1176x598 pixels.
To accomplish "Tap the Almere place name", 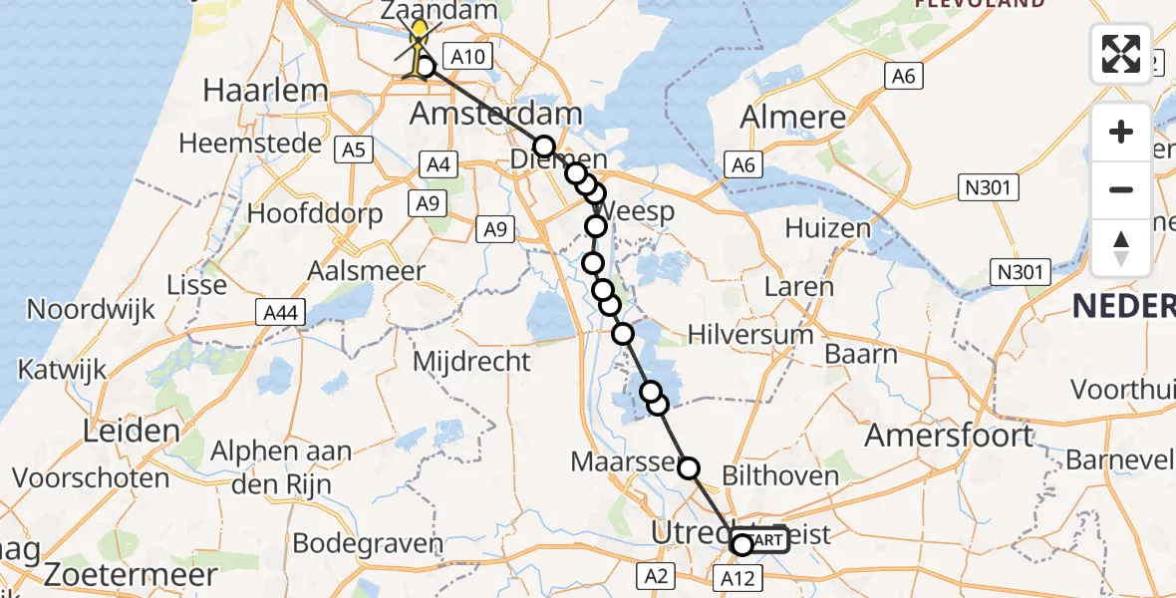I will coord(794,118).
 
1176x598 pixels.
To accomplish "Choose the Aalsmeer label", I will coord(366,270).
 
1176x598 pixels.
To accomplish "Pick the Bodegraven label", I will coord(368,544).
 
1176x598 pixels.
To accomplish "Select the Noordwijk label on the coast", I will coord(91,309).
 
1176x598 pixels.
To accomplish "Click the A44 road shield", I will coord(280,314).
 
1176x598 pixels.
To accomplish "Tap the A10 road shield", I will coord(467,57).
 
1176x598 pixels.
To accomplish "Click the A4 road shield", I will coord(439,164).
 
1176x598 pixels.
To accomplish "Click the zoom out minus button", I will coord(1121,189).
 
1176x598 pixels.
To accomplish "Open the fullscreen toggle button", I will coord(1121,54).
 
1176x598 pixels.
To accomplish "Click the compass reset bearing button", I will coord(1121,246).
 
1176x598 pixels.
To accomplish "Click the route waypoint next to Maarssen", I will coord(689,467).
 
